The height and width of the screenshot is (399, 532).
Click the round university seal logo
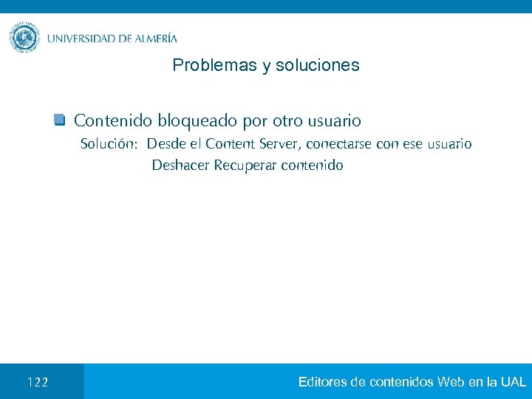25,38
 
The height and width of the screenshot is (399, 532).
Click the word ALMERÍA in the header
156,38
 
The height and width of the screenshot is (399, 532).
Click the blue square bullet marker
60,120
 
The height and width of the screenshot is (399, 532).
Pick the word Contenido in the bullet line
114,120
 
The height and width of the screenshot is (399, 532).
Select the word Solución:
108,143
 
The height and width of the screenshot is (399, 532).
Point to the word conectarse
338,143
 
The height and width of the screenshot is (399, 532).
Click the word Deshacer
180,165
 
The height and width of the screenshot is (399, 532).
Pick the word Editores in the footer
323,382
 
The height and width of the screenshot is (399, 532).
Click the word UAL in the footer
513,382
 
